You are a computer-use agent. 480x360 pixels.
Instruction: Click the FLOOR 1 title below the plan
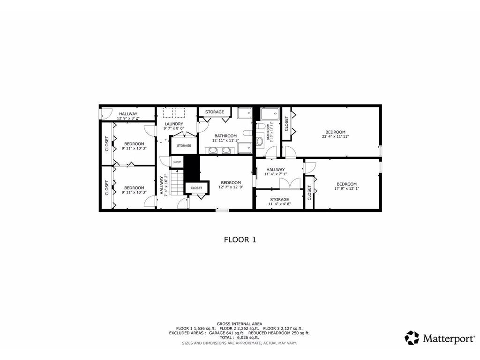point(240,240)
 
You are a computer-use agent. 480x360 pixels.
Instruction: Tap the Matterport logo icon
point(412,337)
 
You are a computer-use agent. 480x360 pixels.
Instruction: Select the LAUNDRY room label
point(173,124)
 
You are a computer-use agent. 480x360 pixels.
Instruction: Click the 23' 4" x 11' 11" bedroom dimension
point(335,136)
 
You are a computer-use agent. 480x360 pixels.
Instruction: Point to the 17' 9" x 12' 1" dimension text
point(345,188)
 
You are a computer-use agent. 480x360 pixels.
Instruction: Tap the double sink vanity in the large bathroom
point(220,150)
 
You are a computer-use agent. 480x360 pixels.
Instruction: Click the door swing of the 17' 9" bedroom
point(311,167)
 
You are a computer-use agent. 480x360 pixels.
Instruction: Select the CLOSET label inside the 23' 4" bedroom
point(286,123)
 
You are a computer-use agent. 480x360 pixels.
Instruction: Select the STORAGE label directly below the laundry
point(184,146)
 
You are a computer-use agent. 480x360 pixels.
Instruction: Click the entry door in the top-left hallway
point(105,113)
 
